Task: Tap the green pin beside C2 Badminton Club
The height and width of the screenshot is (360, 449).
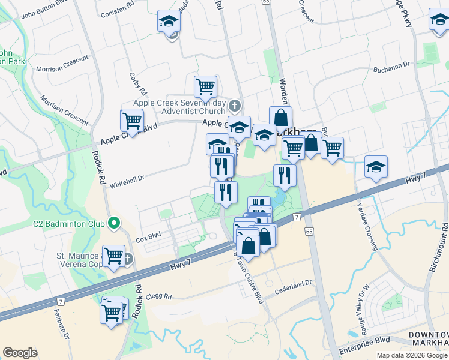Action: [114, 224]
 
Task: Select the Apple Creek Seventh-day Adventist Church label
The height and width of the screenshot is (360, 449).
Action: [178, 107]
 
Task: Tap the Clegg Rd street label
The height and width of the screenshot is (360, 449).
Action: [159, 296]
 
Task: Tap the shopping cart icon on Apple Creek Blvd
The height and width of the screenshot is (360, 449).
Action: [132, 120]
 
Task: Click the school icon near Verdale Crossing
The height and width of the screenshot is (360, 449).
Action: [376, 167]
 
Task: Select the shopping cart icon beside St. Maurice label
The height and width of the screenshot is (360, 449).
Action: [113, 256]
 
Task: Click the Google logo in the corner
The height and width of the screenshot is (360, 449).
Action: [20, 353]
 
